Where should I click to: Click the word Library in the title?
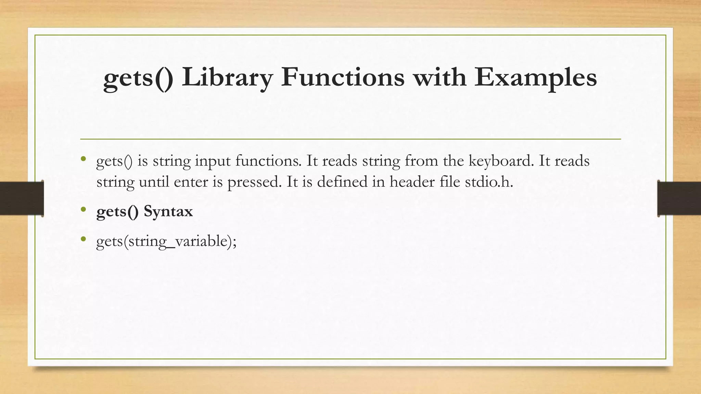tap(227, 77)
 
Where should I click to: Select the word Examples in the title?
tap(536, 77)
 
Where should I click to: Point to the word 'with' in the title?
tap(439, 77)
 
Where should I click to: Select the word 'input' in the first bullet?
tap(213, 161)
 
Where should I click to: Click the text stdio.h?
tap(489, 182)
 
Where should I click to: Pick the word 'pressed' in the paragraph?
tap(254, 182)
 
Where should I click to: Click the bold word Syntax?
tap(168, 211)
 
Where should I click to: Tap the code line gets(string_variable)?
tap(166, 241)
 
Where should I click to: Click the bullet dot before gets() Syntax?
tap(83, 209)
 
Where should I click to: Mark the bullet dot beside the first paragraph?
tap(83, 159)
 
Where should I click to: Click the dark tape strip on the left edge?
tap(22, 198)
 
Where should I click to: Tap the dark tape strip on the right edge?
tap(679, 198)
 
